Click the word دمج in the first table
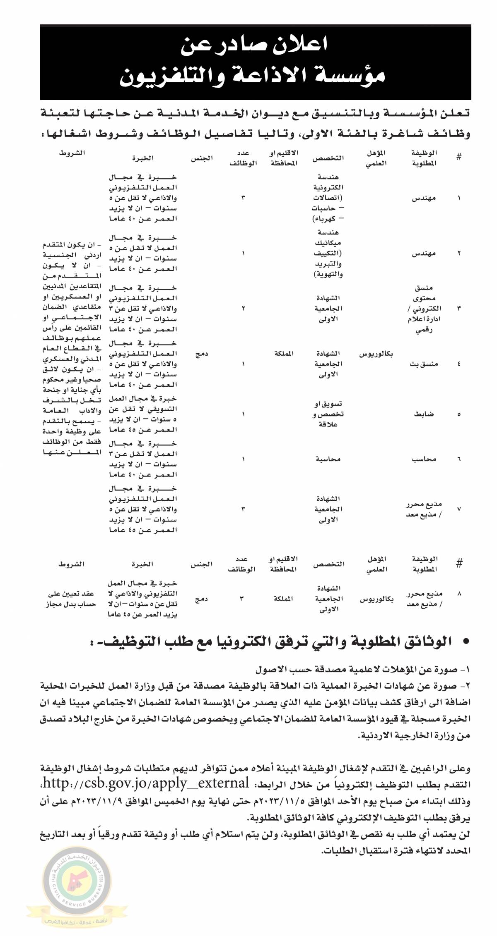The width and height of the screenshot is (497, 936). [203, 354]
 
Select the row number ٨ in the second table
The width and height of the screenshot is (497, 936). [459, 594]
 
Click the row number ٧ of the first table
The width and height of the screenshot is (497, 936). [459, 509]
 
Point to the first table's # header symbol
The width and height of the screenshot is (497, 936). [459, 158]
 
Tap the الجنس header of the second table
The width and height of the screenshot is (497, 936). [202, 563]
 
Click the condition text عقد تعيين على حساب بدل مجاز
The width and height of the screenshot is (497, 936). [70, 599]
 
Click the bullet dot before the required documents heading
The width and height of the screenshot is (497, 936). [466, 642]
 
